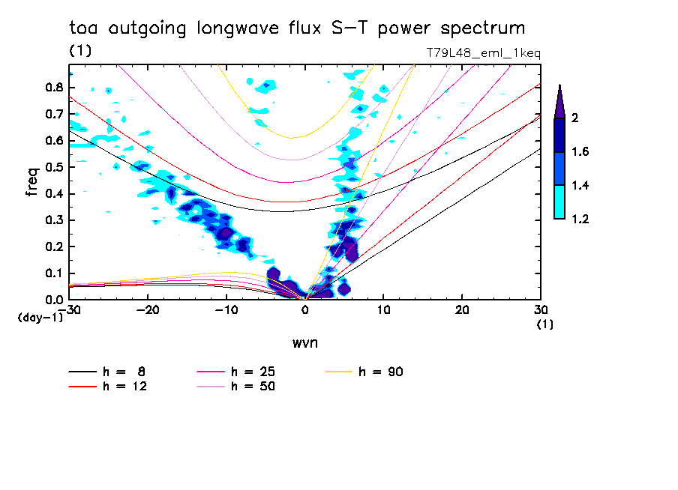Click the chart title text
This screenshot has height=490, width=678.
[x=296, y=28]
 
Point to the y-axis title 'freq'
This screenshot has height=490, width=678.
[x=32, y=182]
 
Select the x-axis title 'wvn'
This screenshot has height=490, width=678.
[x=304, y=342]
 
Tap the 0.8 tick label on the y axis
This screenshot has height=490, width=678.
[x=52, y=87]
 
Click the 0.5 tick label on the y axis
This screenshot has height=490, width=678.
[x=52, y=167]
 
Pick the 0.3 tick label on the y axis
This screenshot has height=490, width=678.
[x=52, y=220]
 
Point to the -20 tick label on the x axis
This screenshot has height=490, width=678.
[x=148, y=309]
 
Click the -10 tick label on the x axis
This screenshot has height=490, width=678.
[x=226, y=309]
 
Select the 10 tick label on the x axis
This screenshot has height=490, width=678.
[x=383, y=309]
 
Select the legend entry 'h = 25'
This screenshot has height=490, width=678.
[x=253, y=372]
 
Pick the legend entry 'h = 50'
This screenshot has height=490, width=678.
[x=253, y=387]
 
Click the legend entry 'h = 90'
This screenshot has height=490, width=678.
[x=382, y=372]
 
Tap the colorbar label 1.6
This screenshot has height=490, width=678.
[x=581, y=152]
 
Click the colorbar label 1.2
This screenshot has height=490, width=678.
[x=581, y=219]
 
